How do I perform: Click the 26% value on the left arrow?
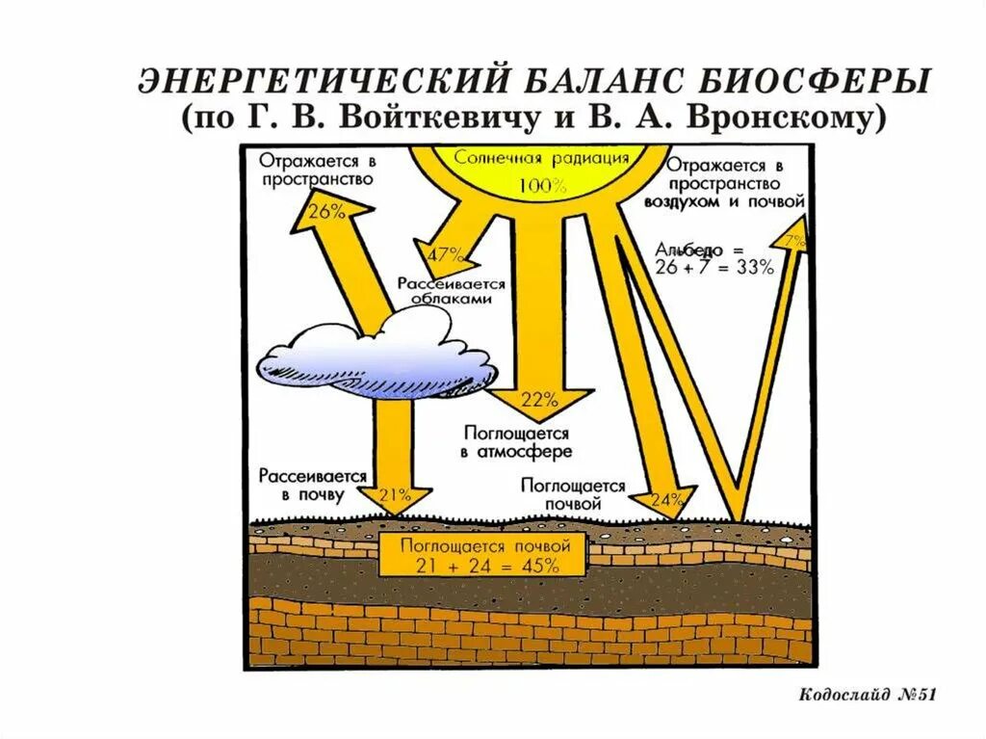[x=328, y=211]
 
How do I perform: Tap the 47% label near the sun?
[x=446, y=255]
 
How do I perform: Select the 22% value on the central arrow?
[x=539, y=399]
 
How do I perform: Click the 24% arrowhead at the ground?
[x=666, y=500]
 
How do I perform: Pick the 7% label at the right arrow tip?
[x=795, y=242]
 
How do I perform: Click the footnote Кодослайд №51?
[x=867, y=695]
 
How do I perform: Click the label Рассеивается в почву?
[x=312, y=485]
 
